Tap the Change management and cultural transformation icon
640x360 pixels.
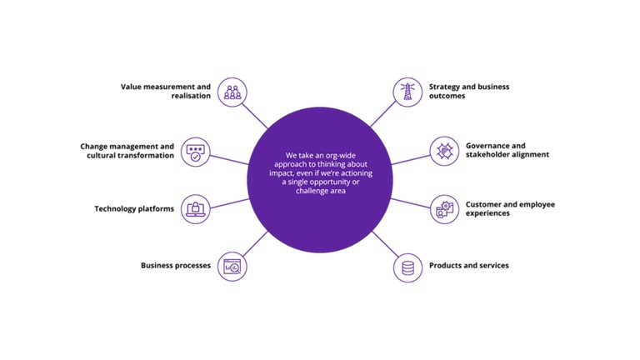[195, 151]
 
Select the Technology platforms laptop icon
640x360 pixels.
[195, 208]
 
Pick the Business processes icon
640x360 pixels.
[232, 267]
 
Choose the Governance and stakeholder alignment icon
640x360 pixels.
[444, 151]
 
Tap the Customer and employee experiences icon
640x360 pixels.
[444, 208]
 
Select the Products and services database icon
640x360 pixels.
[407, 267]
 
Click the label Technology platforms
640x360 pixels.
[134, 209]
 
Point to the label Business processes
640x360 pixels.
[172, 266]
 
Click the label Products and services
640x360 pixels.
[468, 266]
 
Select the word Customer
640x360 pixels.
[483, 204]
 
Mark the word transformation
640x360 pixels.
[147, 156]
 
